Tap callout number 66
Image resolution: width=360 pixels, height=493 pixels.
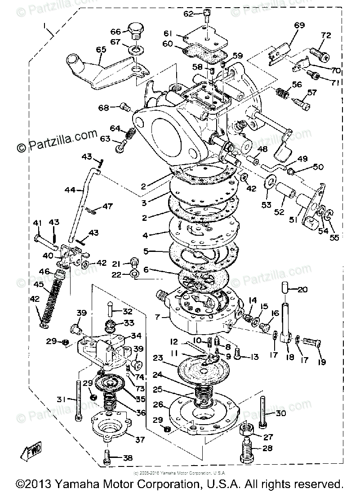[x=116, y=31]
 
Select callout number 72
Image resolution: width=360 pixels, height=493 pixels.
[x=325, y=35]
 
